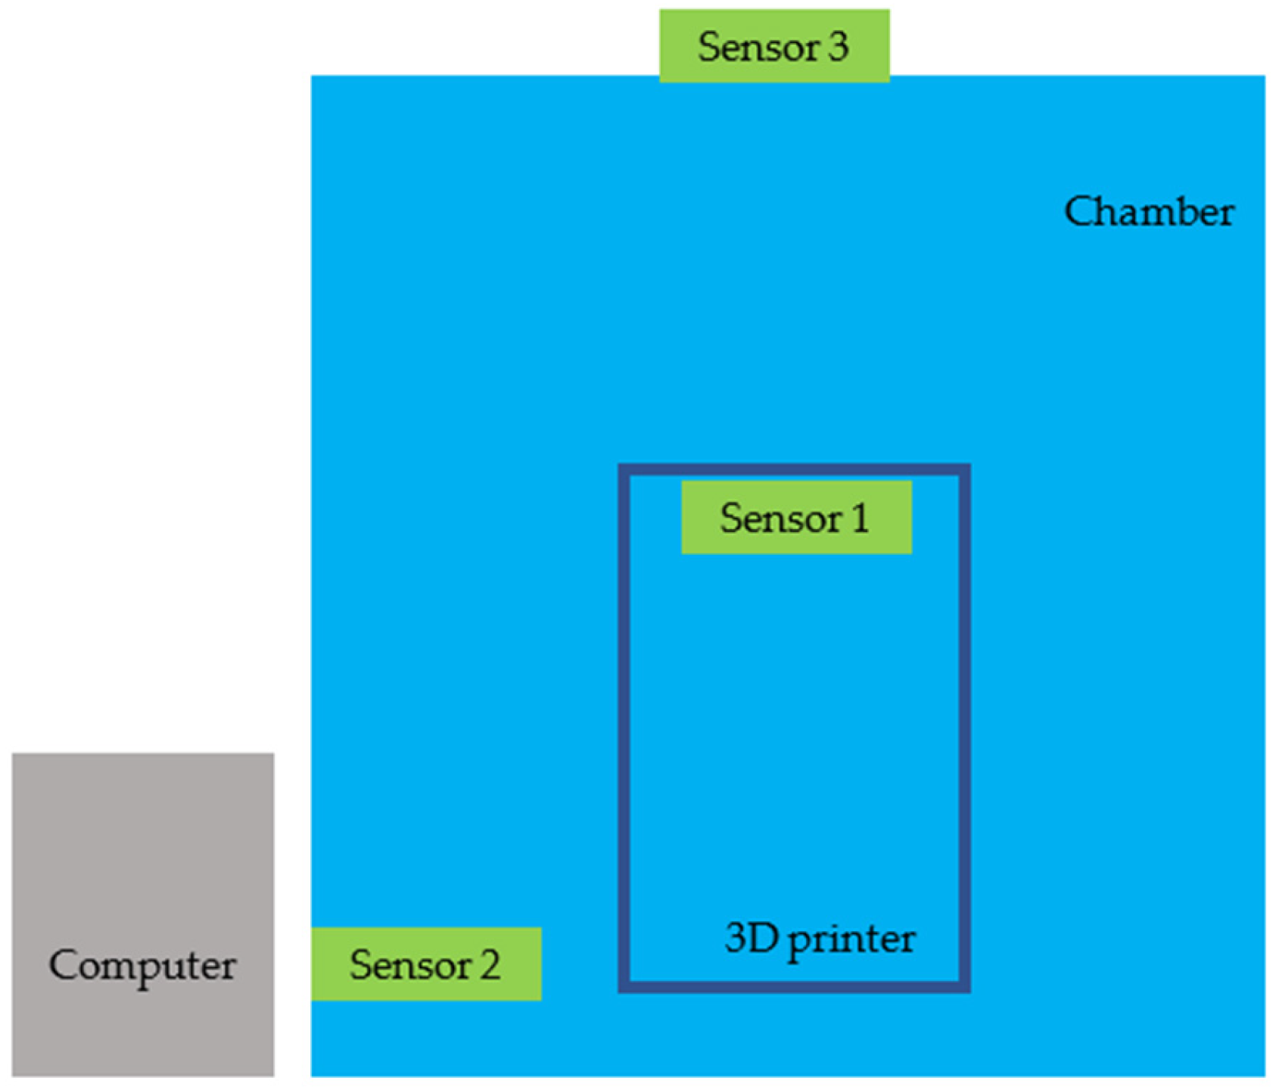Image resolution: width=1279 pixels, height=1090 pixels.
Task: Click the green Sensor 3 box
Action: click(774, 45)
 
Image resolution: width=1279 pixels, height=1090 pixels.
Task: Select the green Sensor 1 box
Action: click(796, 518)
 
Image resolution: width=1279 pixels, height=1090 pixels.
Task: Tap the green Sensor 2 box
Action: click(426, 964)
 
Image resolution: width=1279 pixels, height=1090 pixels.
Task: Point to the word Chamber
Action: click(1149, 212)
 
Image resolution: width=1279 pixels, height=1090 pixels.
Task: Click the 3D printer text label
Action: click(820, 940)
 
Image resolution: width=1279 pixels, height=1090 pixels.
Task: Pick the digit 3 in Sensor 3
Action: click(838, 47)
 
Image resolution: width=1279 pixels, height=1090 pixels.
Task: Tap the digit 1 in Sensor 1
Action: click(860, 519)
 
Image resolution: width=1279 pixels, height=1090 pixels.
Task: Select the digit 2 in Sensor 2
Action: click(490, 965)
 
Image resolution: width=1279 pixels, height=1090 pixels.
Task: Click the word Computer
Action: click(142, 967)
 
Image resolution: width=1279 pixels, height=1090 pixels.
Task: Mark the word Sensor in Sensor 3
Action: click(758, 47)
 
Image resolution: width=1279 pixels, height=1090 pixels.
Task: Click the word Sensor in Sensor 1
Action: click(780, 519)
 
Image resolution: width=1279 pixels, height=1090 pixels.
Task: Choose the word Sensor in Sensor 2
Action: click(410, 965)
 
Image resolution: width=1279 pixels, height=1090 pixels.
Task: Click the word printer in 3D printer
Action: click(851, 942)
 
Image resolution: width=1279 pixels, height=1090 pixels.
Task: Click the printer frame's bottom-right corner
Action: click(965, 987)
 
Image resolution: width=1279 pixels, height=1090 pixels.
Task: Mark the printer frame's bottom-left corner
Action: click(624, 987)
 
